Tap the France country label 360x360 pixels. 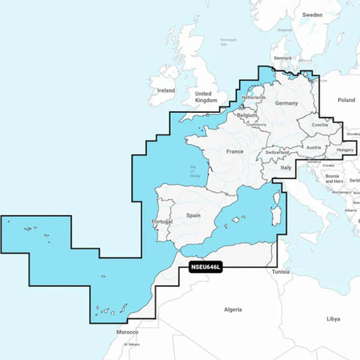[x=234, y=152]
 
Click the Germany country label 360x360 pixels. [x=286, y=103]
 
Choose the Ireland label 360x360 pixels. [x=165, y=90]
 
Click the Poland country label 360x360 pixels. [x=346, y=100]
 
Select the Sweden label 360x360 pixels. [x=312, y=14]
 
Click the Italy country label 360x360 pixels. [x=286, y=167]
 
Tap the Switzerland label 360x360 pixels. [x=278, y=153]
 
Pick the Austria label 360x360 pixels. [x=313, y=147]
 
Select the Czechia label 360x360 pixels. [x=321, y=124]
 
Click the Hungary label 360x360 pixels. [x=344, y=150]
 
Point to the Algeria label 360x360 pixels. [x=233, y=309]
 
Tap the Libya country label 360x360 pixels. [x=333, y=318]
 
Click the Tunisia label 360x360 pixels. [x=280, y=272]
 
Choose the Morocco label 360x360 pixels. [x=127, y=332]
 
